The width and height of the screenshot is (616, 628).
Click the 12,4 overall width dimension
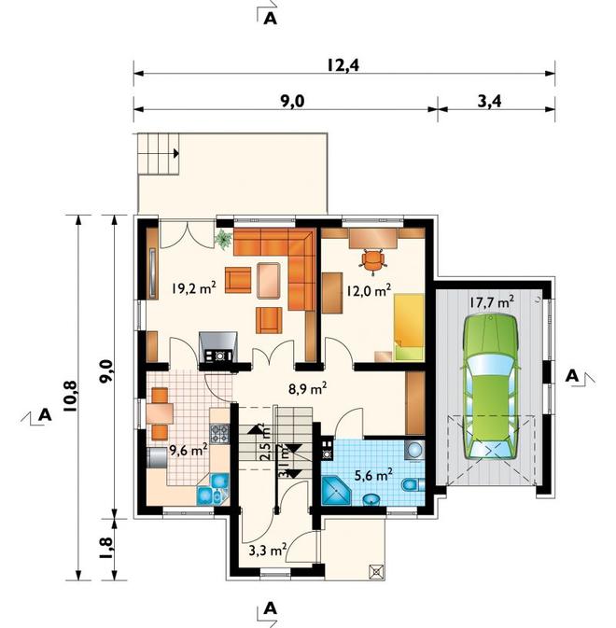[x=343, y=64]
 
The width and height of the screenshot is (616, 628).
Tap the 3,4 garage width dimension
[x=489, y=102]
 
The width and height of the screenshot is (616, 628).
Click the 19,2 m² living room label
[x=194, y=287]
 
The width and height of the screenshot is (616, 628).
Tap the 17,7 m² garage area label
[x=492, y=301]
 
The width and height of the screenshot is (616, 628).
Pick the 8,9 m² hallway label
[x=307, y=387]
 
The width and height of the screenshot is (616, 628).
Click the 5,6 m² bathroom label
[x=373, y=475]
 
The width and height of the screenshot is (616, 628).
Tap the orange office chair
[x=373, y=260]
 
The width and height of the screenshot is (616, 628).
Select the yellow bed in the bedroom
[x=409, y=328]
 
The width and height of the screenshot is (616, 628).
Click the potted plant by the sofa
[x=223, y=240]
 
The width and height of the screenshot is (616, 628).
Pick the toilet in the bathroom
[x=413, y=484]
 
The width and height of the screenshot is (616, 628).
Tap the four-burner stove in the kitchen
[x=220, y=434]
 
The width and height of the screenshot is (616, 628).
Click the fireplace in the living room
[x=218, y=347]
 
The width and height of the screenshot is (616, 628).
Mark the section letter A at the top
[x=271, y=19]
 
